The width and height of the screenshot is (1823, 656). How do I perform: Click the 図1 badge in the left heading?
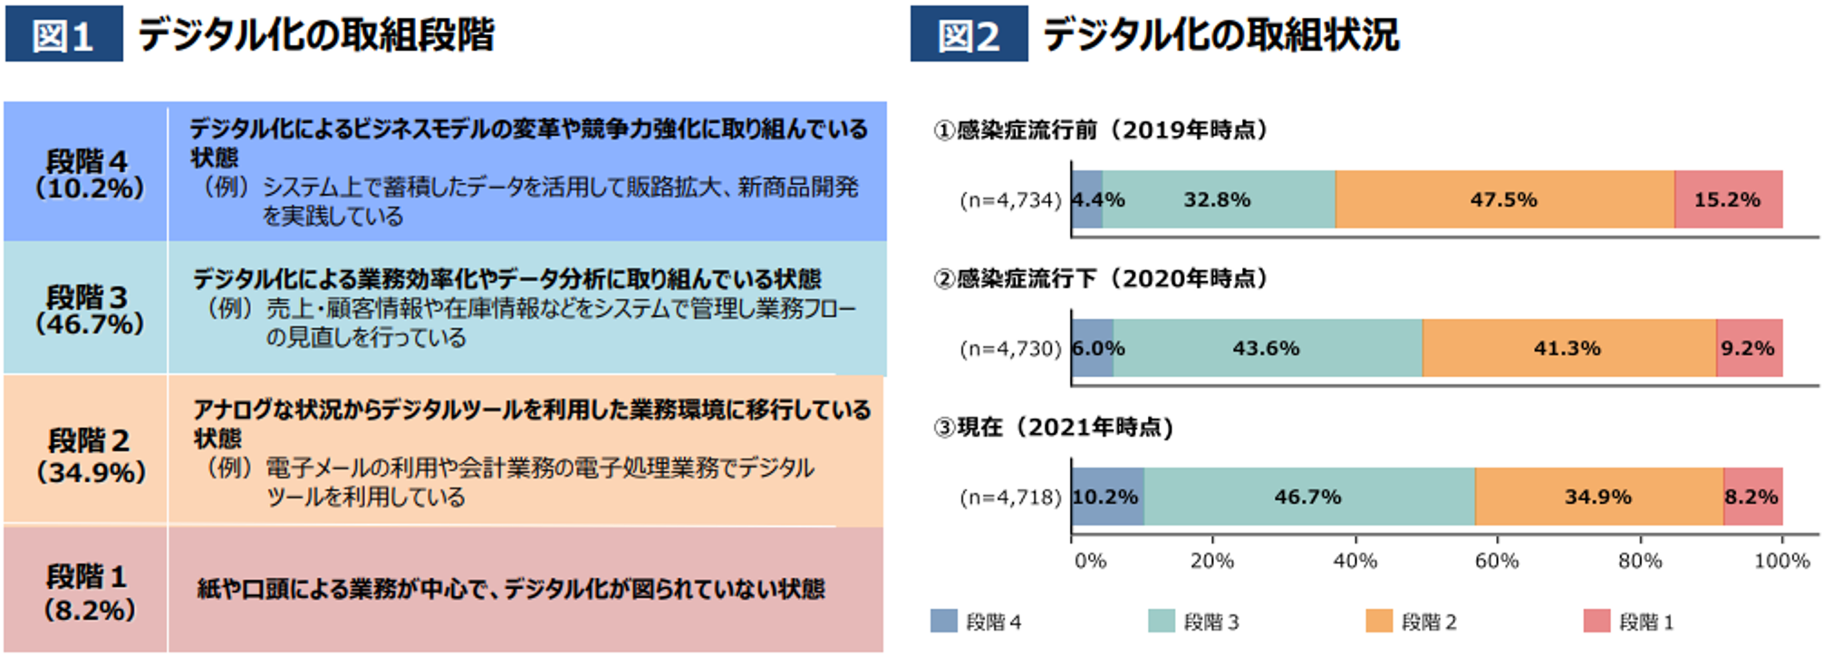coord(63,34)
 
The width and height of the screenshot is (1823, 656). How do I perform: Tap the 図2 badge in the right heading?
coord(968,34)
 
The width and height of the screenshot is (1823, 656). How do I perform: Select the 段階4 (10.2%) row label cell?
coord(87,173)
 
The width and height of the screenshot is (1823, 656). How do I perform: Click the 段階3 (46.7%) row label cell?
coord(87,309)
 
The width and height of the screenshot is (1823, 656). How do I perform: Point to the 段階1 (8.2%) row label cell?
coord(87,591)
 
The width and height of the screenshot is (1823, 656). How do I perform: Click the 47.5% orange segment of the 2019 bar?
coord(1504,199)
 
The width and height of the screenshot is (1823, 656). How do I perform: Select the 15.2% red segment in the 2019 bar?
coord(1728,199)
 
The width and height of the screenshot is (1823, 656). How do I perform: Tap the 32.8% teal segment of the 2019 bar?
coord(1218,199)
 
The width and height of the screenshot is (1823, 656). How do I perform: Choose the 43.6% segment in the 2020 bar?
coord(1267,348)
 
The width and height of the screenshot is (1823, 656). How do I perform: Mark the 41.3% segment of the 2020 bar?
coord(1567,348)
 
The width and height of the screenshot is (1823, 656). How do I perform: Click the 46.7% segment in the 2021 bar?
coord(1308,497)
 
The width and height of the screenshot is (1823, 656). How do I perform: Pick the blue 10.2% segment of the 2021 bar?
coord(1107,497)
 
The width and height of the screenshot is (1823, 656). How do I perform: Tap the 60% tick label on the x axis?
coord(1497,561)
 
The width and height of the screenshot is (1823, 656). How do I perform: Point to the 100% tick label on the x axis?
coord(1781,561)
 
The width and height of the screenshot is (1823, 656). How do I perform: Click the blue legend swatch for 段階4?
coord(944,621)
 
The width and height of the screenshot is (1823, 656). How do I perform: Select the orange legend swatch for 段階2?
coord(1379,621)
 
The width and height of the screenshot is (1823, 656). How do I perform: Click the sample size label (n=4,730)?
coord(1010,349)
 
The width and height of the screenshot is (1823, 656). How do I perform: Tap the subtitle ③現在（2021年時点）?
coord(1054,427)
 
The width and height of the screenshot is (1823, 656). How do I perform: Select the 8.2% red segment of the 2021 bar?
coord(1752,497)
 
